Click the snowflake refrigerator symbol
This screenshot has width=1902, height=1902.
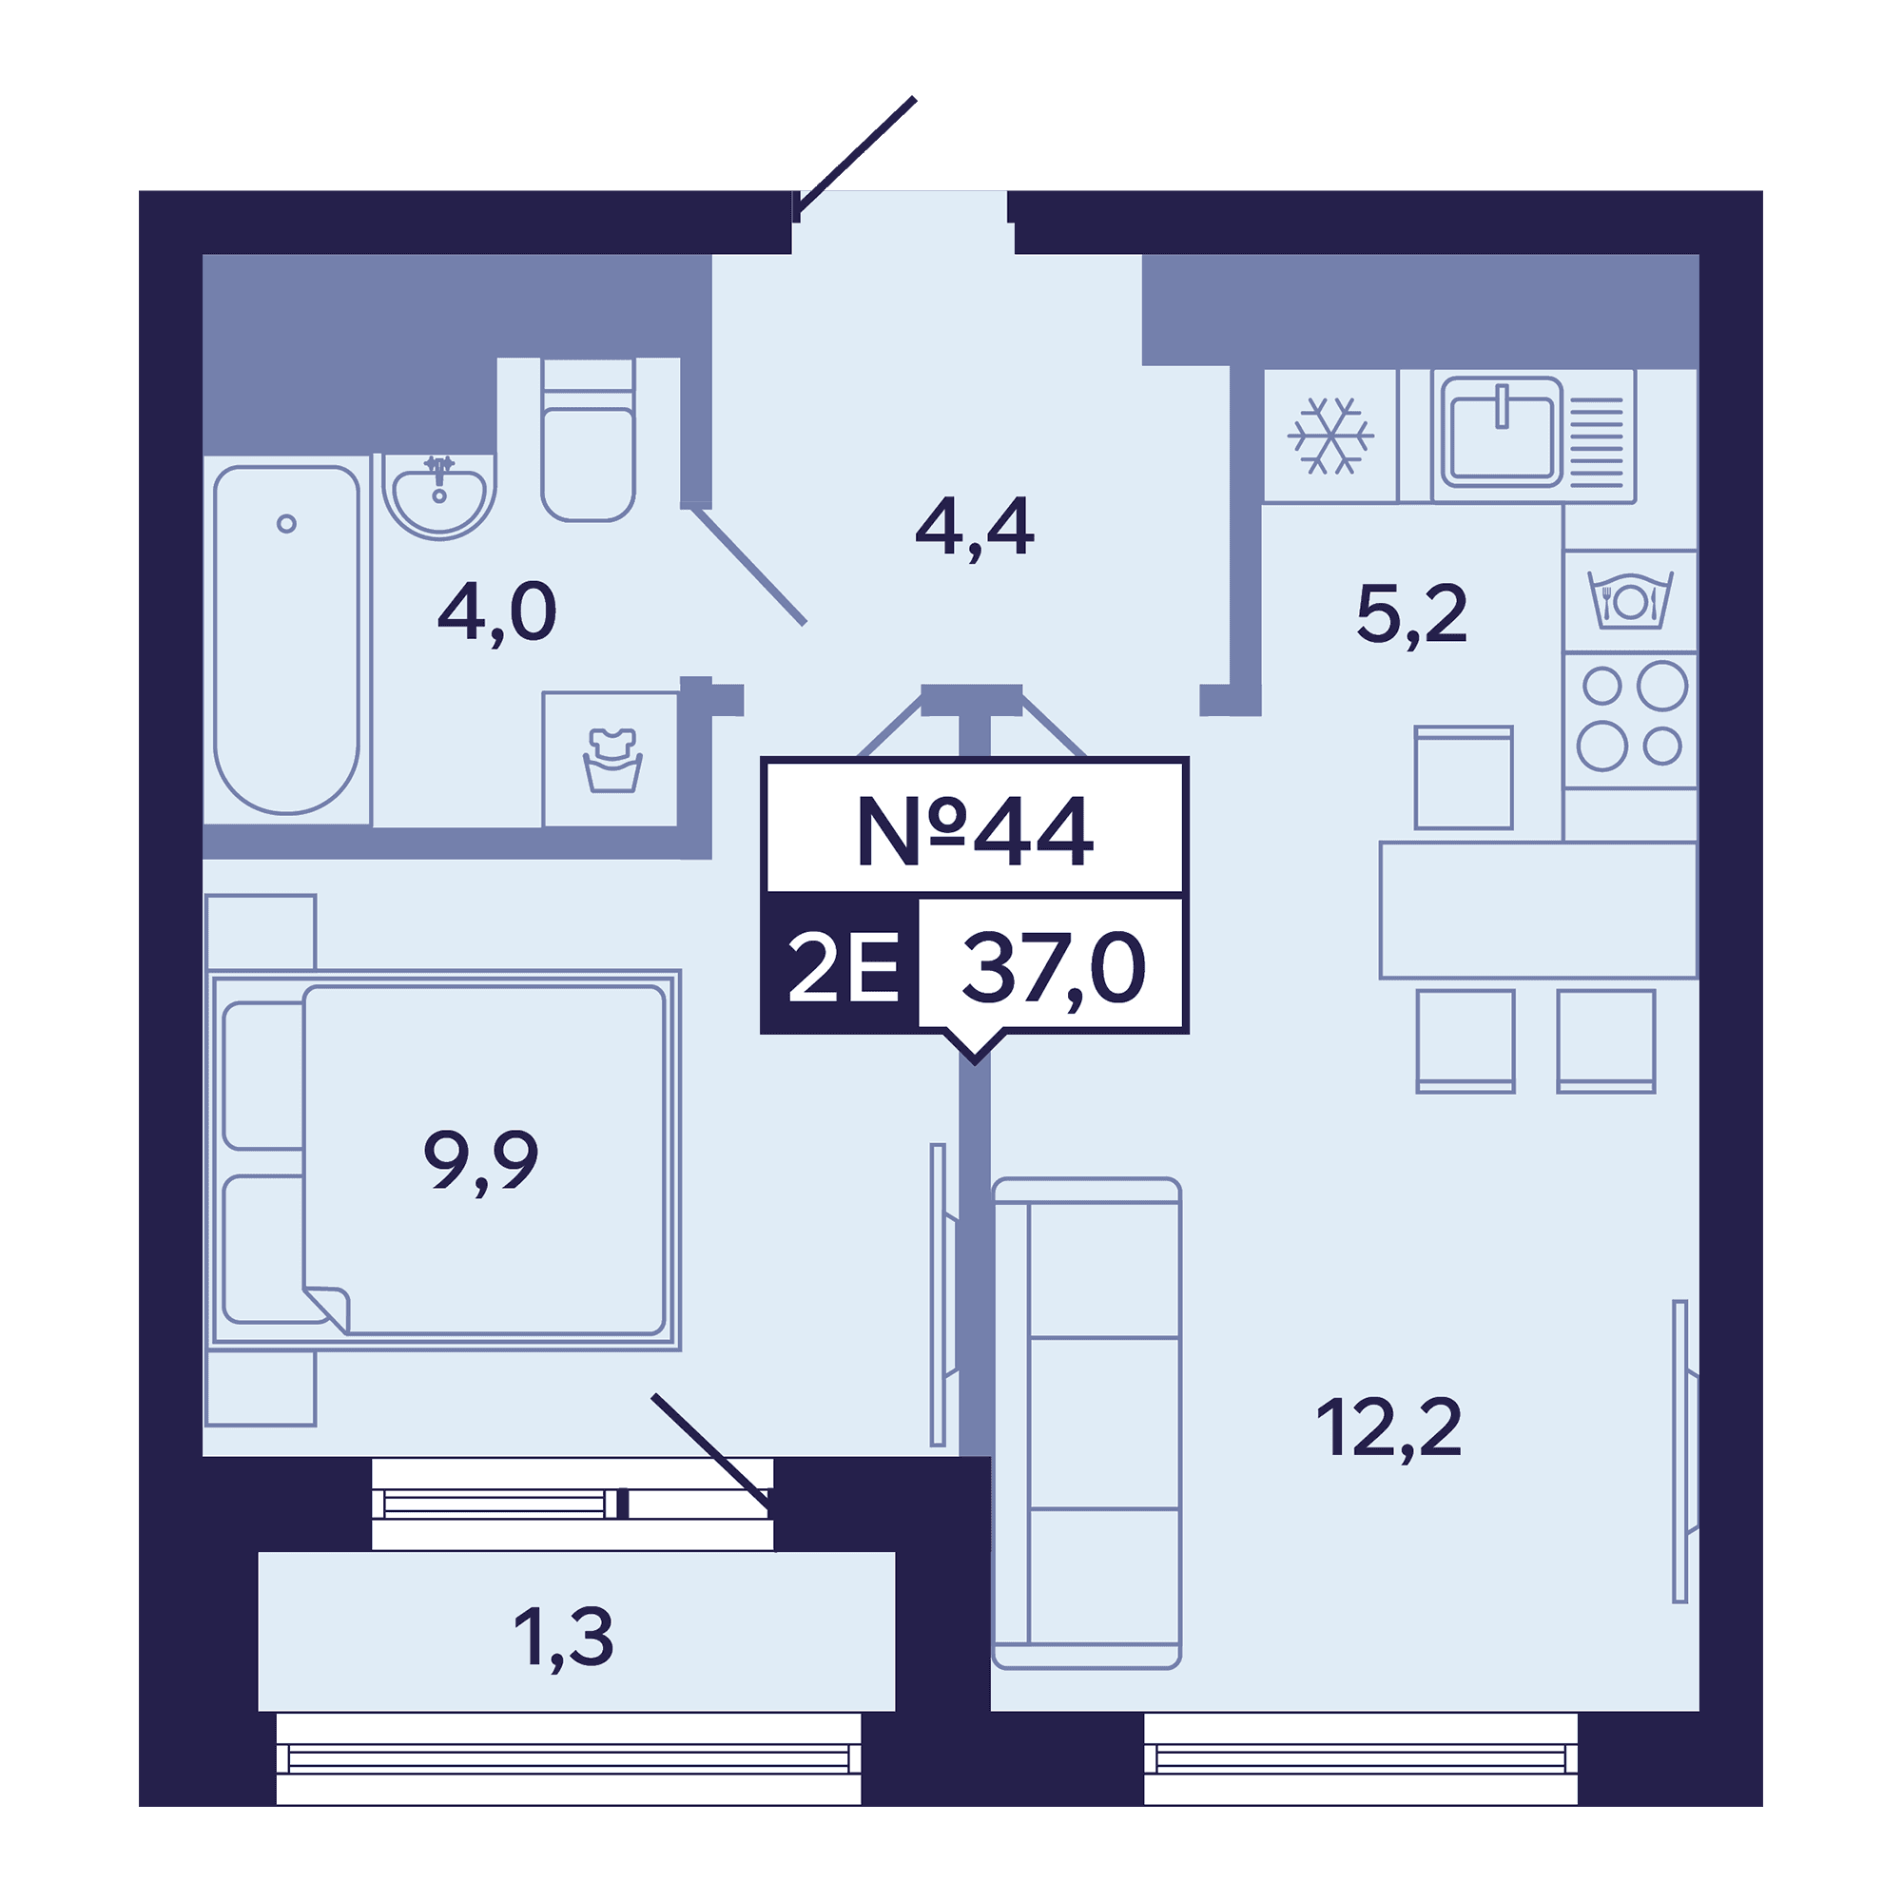click(x=1332, y=436)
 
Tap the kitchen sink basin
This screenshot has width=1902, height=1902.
click(x=1502, y=432)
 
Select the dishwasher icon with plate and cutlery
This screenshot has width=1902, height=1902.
click(x=1629, y=599)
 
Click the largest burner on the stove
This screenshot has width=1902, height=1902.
click(x=1661, y=687)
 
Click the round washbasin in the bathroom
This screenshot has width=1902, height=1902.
click(x=439, y=497)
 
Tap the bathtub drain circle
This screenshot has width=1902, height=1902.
click(x=286, y=524)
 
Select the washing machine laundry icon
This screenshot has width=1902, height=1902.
click(x=612, y=760)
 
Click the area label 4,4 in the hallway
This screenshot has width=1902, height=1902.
click(x=975, y=529)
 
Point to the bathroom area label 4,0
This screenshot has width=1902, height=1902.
click(x=497, y=613)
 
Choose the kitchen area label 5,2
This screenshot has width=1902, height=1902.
click(x=1411, y=615)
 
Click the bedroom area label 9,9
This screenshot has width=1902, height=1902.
click(x=481, y=1162)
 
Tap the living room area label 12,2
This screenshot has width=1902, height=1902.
click(x=1389, y=1428)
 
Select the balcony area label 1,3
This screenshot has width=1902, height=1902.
click(x=563, y=1639)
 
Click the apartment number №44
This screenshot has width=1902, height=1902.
click(x=975, y=832)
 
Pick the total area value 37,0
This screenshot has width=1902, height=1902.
click(x=1055, y=971)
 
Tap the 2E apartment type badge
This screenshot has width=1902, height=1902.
click(x=844, y=968)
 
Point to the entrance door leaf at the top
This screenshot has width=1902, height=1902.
click(x=856, y=156)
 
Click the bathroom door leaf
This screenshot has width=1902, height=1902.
click(x=749, y=565)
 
